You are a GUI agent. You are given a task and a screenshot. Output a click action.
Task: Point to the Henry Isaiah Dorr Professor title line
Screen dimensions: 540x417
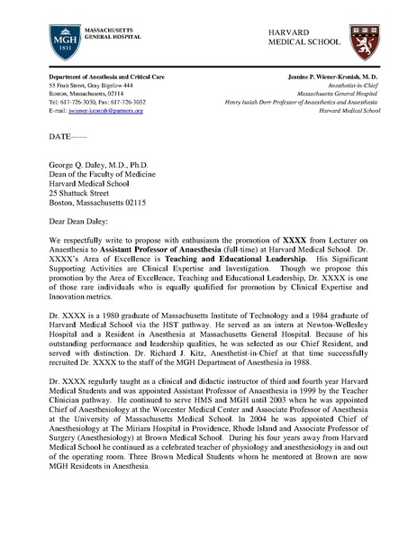[x=290, y=101]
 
